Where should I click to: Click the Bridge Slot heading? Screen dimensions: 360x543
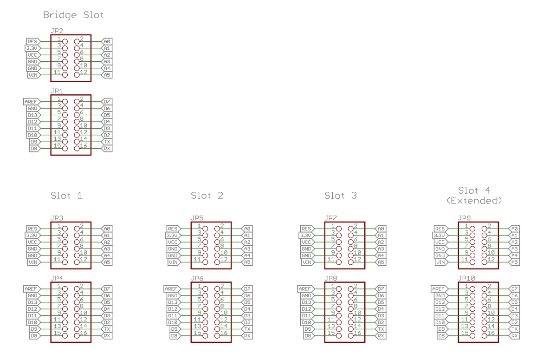pyautogui.click(x=73, y=15)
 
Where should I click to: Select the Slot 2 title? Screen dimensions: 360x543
pyautogui.click(x=207, y=196)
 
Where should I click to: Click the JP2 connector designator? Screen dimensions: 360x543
pyautogui.click(x=56, y=31)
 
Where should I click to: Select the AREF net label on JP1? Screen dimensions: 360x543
pyautogui.click(x=31, y=101)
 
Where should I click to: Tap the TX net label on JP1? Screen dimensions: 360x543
pyautogui.click(x=106, y=142)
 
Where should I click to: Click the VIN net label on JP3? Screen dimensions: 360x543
pyautogui.click(x=33, y=262)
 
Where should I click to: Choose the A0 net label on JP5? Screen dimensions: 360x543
pyautogui.click(x=247, y=229)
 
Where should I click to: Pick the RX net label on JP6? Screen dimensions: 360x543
pyautogui.click(x=247, y=335)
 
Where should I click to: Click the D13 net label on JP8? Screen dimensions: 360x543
pyautogui.click(x=306, y=302)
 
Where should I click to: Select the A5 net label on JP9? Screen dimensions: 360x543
pyautogui.click(x=514, y=262)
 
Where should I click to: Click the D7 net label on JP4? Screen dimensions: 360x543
pyautogui.click(x=106, y=288)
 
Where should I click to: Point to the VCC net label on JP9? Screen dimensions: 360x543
pyautogui.click(x=440, y=242)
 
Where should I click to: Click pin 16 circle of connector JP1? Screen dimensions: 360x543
pyautogui.click(x=77, y=149)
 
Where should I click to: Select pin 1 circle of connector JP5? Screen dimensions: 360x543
pyautogui.click(x=205, y=229)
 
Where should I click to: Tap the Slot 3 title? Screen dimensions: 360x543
pyautogui.click(x=341, y=196)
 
